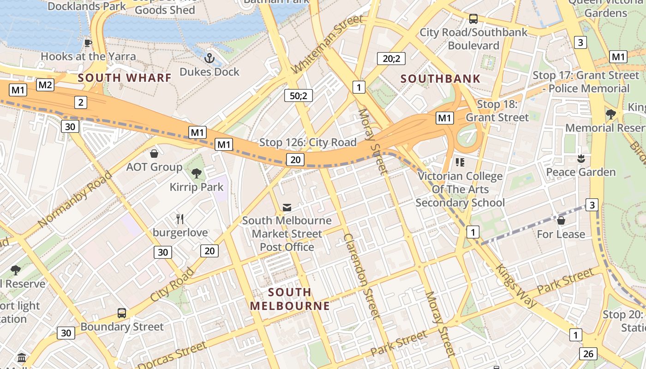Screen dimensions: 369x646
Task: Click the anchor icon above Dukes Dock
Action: (209, 58)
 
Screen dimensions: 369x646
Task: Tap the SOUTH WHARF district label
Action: (125, 77)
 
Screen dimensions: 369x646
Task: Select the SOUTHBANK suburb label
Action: (441, 78)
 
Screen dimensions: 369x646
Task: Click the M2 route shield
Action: (45, 85)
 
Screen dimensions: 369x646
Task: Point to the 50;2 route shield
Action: (299, 95)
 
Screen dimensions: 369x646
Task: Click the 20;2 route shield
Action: (391, 59)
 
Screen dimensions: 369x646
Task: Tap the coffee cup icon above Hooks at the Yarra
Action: (88, 43)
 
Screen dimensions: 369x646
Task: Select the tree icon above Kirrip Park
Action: (196, 173)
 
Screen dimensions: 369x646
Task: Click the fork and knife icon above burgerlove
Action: (180, 219)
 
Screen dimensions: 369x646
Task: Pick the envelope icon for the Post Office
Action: (287, 208)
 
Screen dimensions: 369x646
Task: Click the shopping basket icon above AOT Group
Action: (154, 154)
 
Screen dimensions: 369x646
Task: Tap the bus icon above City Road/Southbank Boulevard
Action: (473, 19)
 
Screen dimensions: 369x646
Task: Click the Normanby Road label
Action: (75, 199)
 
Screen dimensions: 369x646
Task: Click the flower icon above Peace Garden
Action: (580, 159)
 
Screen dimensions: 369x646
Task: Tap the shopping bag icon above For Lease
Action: (561, 220)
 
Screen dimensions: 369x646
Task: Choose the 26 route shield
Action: (588, 354)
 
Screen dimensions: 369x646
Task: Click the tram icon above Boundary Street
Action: (122, 313)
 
